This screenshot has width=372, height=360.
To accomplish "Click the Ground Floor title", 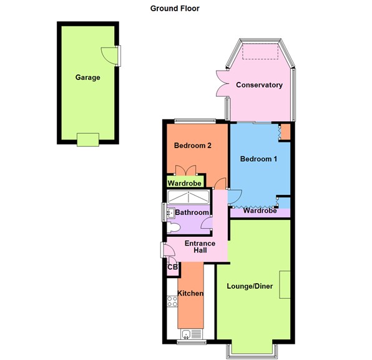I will [174, 9].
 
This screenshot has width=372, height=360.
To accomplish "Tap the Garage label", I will [88, 77].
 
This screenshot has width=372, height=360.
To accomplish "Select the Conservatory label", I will [259, 85].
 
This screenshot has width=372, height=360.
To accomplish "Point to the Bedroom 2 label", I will [192, 146].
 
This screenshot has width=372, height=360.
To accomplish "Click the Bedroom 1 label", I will [259, 159].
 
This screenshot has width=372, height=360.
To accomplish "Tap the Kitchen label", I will [190, 293].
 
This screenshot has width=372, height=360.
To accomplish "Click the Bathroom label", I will [192, 213].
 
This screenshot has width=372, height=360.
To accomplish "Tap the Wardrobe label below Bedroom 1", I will [260, 211].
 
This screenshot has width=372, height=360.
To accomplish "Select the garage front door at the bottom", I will [87, 139].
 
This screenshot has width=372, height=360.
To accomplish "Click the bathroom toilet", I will [174, 226].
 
